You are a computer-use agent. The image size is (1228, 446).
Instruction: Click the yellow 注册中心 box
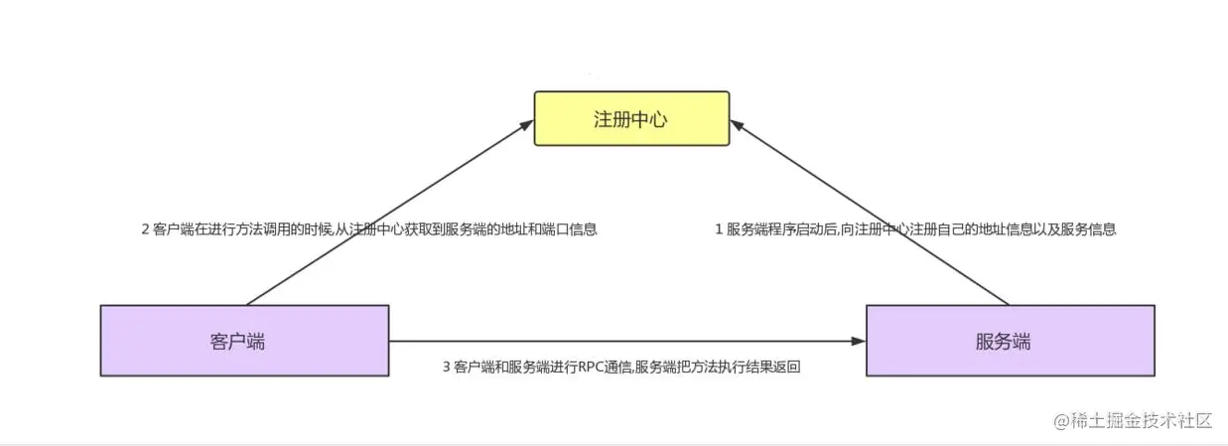tap(631, 118)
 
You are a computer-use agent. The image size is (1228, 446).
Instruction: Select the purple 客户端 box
tap(244, 341)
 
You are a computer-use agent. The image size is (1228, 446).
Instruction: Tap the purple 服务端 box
tap(1011, 341)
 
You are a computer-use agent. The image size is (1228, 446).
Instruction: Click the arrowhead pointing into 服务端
tap(858, 342)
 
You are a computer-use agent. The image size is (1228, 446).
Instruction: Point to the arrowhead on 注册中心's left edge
tap(526, 125)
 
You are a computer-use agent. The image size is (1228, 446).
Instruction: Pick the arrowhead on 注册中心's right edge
tap(738, 125)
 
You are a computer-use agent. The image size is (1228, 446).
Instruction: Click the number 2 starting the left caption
tap(145, 229)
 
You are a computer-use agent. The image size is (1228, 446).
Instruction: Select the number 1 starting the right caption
tap(719, 229)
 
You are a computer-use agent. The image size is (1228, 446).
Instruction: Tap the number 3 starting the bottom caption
tap(447, 367)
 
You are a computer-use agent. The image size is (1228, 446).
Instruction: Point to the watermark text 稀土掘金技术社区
tap(1141, 421)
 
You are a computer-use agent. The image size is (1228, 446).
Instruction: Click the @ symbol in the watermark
tap(1062, 421)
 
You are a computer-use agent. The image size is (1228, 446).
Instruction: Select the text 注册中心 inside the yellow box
tap(630, 119)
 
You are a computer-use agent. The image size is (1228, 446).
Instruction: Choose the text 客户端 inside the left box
tap(237, 342)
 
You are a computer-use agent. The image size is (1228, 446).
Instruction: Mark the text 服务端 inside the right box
tap(1003, 342)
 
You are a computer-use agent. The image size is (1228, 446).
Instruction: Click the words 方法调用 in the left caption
tap(262, 229)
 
